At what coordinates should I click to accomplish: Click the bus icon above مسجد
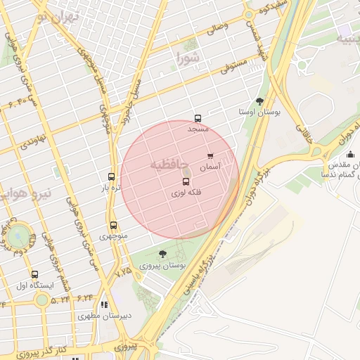click(198, 119)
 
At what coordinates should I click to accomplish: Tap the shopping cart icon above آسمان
click(210, 157)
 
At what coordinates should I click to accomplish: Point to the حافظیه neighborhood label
click(169, 164)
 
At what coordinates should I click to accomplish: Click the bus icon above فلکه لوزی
click(186, 181)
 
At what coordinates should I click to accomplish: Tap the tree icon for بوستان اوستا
click(259, 101)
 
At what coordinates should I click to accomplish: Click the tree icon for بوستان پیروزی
click(162, 254)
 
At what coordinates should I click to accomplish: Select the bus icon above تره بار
click(111, 176)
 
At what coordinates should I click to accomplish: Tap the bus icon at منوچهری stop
click(113, 226)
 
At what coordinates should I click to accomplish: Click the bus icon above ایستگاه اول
click(34, 274)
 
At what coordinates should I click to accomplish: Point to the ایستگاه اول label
click(31, 285)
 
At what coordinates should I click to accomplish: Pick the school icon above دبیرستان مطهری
click(104, 304)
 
